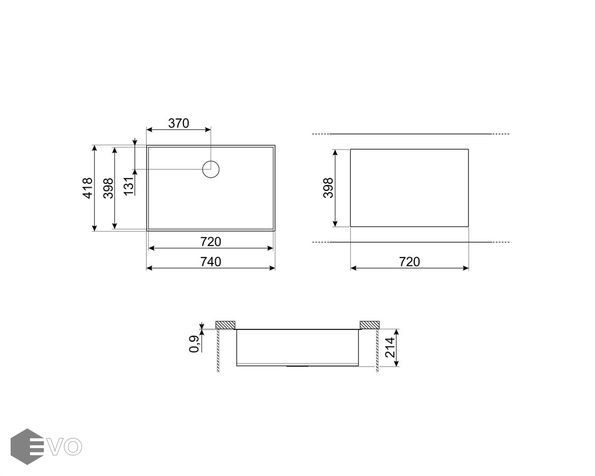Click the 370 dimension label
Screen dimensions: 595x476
click(x=179, y=123)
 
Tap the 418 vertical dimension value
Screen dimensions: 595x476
click(x=88, y=188)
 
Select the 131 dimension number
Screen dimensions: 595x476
click(x=130, y=186)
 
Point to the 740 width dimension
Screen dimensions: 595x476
click(x=210, y=261)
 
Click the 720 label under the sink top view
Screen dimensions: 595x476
click(x=210, y=241)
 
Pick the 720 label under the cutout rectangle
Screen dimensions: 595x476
click(x=409, y=261)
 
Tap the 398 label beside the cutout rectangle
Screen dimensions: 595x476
click(x=328, y=188)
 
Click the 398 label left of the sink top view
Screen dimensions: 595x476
click(x=108, y=188)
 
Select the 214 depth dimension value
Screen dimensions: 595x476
click(x=390, y=347)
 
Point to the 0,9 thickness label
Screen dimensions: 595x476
click(x=194, y=344)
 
